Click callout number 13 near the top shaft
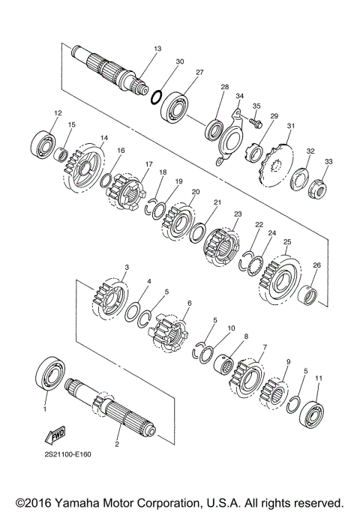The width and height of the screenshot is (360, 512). [157, 49]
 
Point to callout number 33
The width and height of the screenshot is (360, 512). [328, 163]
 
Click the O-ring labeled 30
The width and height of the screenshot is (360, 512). [157, 96]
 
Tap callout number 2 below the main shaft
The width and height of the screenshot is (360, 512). [116, 445]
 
